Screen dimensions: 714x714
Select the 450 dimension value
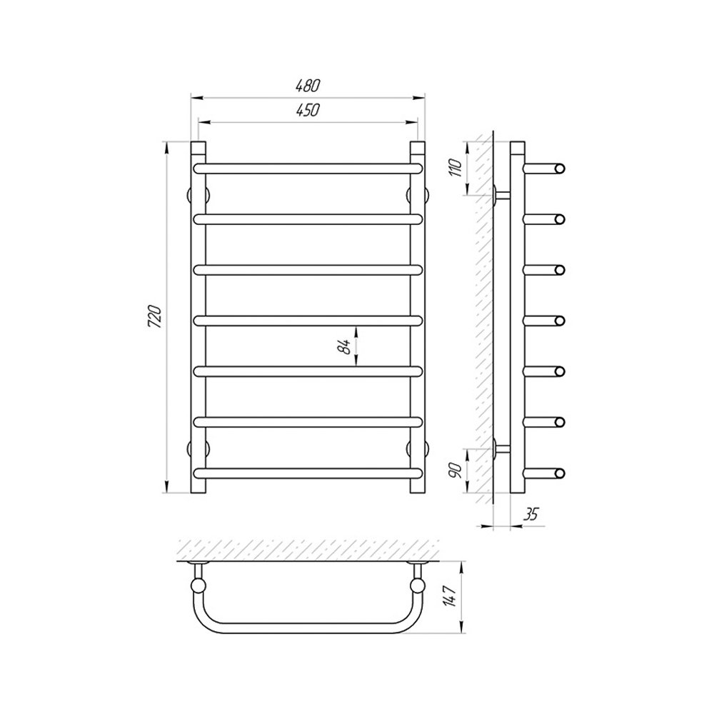tap(307, 110)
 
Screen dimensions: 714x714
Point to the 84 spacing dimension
tap(346, 346)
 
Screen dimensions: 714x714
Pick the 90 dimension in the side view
tap(458, 470)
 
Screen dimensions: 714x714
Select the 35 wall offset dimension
tap(531, 514)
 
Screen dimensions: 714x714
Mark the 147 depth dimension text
tap(451, 595)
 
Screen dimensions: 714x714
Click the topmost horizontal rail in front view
tap(308, 169)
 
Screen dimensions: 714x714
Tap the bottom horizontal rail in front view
tap(308, 473)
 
